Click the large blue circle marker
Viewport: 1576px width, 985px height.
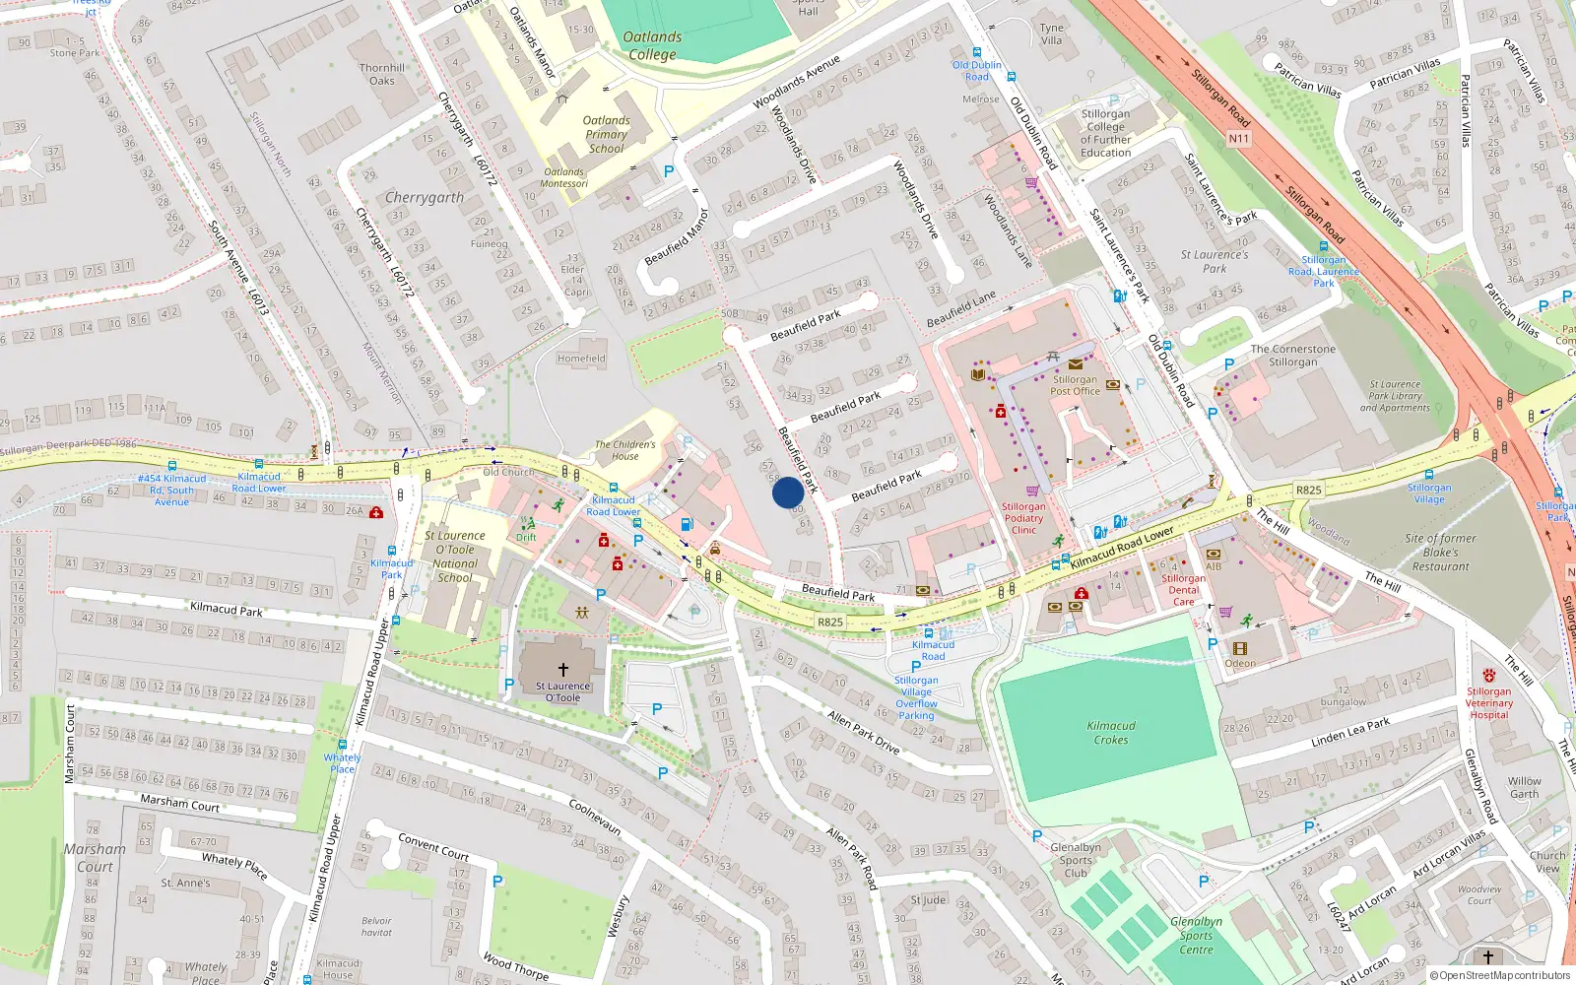tap(787, 492)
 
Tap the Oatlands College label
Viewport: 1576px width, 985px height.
tap(652, 45)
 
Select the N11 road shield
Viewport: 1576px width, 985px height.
tap(1238, 139)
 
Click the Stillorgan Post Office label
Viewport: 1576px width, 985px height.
tap(1074, 385)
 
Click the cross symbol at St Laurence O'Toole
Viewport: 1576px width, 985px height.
tap(563, 670)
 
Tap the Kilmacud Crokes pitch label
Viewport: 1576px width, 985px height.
tap(1110, 733)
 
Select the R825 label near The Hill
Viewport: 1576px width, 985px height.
tap(1308, 490)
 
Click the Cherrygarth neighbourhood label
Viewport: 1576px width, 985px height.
tap(424, 198)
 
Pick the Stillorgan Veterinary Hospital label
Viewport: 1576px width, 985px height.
tap(1488, 703)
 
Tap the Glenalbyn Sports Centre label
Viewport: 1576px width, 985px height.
tap(1196, 936)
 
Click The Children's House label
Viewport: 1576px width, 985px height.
tap(624, 450)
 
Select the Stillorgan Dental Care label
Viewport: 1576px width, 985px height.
tap(1183, 590)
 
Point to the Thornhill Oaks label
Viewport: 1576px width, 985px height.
tap(382, 74)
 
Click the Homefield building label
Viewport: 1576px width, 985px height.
tap(581, 359)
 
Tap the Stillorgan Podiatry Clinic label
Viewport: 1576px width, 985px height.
tap(1023, 518)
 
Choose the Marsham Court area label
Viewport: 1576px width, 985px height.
tap(95, 857)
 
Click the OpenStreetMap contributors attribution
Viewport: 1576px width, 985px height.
tap(1500, 975)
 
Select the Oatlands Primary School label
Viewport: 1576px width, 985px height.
tap(606, 134)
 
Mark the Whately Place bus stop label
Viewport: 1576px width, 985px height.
tap(342, 762)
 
